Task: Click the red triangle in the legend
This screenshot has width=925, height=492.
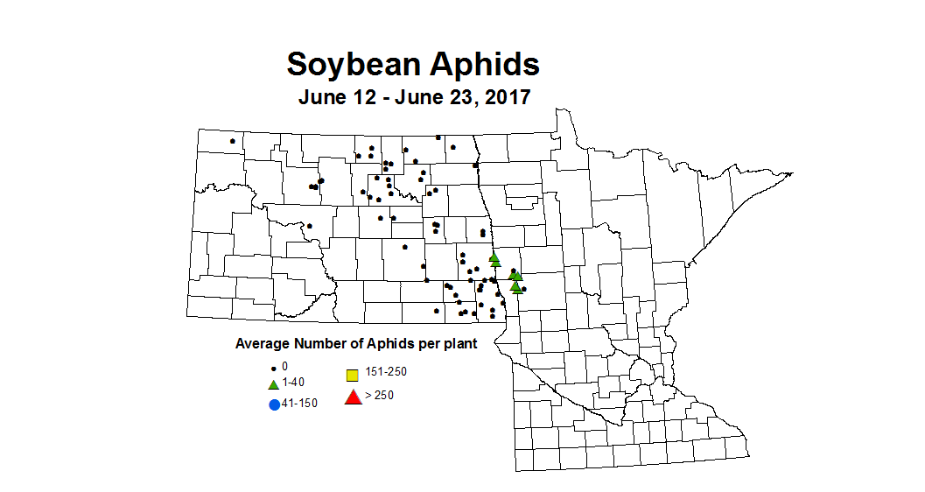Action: click(353, 397)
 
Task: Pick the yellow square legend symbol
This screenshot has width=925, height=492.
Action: click(352, 376)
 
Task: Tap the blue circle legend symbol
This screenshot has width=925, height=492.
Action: click(274, 404)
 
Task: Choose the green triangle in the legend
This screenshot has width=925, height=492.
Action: click(273, 383)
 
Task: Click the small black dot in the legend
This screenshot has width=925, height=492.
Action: click(273, 367)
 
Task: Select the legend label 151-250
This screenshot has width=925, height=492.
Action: click(386, 371)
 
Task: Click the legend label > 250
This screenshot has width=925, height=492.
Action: click(381, 396)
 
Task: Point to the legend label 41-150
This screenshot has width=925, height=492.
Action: click(300, 403)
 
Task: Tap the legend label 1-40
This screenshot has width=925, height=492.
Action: click(293, 383)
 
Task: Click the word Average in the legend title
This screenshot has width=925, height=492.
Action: click(262, 344)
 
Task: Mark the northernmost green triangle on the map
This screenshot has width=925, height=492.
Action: click(494, 257)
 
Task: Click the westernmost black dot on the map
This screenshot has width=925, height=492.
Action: click(232, 141)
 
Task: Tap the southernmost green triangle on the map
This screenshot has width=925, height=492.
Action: click(515, 287)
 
